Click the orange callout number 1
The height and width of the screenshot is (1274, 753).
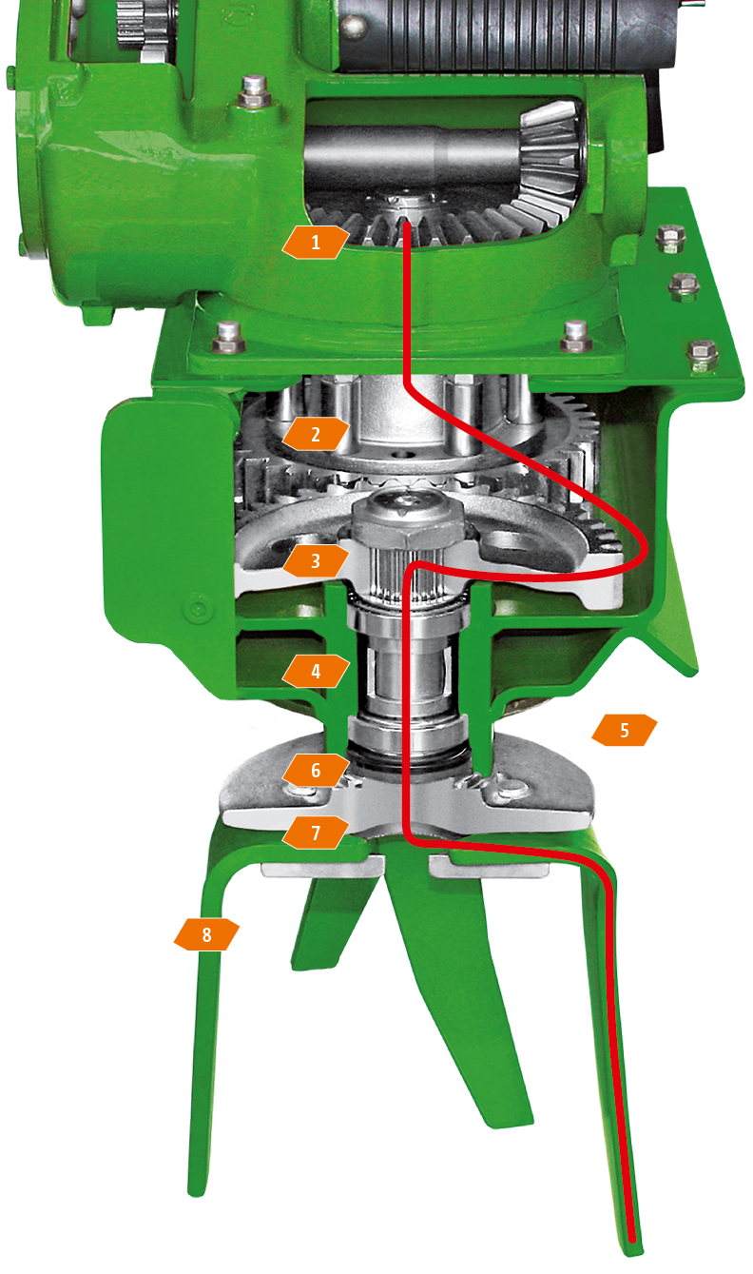click(x=316, y=243)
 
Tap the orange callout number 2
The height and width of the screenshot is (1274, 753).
click(x=316, y=435)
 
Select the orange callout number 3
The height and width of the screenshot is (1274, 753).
click(x=316, y=560)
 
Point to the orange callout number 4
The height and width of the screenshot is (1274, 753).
click(x=316, y=671)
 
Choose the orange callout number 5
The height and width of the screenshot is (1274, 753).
click(x=625, y=730)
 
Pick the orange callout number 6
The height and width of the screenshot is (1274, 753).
click(x=316, y=770)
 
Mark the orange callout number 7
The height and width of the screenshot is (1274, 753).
click(x=316, y=833)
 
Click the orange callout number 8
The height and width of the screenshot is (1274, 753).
click(x=206, y=934)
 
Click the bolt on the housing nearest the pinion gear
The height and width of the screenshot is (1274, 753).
click(x=254, y=92)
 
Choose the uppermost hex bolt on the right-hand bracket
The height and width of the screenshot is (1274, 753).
click(x=670, y=238)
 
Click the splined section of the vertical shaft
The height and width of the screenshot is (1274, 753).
click(x=405, y=574)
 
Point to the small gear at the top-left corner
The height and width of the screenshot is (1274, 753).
click(x=145, y=29)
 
